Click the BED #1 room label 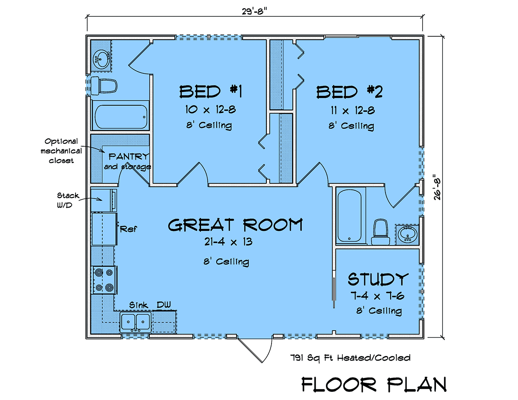pyautogui.click(x=211, y=92)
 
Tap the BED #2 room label pyautogui.click(x=350, y=92)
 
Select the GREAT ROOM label pyautogui.click(x=235, y=225)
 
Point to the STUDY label pyautogui.click(x=378, y=279)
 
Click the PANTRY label pyautogui.click(x=129, y=157)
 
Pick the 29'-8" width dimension pyautogui.click(x=254, y=11)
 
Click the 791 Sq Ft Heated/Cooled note pyautogui.click(x=350, y=358)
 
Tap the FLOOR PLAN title pyautogui.click(x=374, y=385)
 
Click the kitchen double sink pyautogui.click(x=136, y=322)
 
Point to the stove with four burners pyautogui.click(x=104, y=280)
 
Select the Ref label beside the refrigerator pyautogui.click(x=128, y=229)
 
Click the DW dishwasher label pyautogui.click(x=164, y=305)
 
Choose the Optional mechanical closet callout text pyautogui.click(x=61, y=151)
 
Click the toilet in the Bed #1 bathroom pyautogui.click(x=104, y=85)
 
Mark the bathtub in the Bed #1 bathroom pyautogui.click(x=121, y=117)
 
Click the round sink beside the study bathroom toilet pyautogui.click(x=408, y=235)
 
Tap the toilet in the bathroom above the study pyautogui.click(x=381, y=232)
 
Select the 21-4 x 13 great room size pyautogui.click(x=228, y=242)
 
